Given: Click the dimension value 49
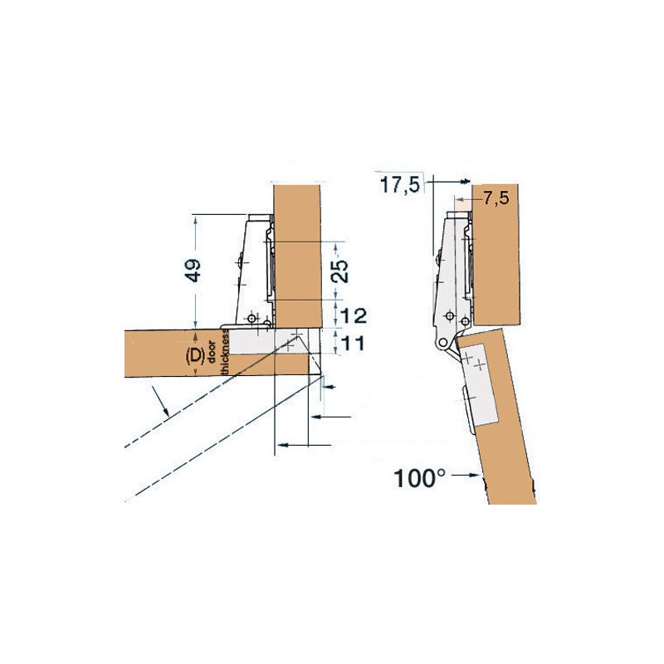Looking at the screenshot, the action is pyautogui.click(x=193, y=271).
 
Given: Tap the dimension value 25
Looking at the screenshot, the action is pyautogui.click(x=339, y=271).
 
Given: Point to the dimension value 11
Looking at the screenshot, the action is pyautogui.click(x=352, y=344).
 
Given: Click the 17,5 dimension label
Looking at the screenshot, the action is pyautogui.click(x=399, y=185).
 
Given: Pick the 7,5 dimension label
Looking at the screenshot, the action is pyautogui.click(x=496, y=198).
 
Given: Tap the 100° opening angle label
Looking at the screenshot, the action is pyautogui.click(x=419, y=479).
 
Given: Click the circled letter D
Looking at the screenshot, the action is pyautogui.click(x=195, y=355).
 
